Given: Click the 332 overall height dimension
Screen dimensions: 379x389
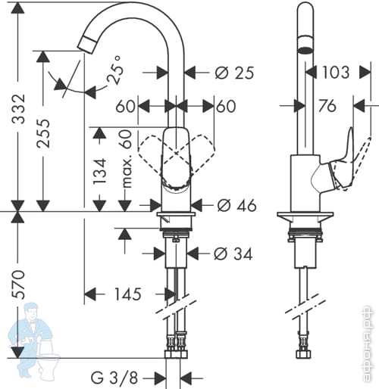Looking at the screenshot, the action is pos(19,109).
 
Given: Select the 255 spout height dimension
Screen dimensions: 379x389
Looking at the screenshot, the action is pos(43,133).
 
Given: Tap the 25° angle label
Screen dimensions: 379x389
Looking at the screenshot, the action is pos(115,70).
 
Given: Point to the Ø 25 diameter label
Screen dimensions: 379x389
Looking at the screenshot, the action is pos(234,73).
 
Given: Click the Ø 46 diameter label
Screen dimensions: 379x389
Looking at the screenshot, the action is pos(236,205).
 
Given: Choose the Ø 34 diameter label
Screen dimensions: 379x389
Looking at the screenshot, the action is pos(233,254).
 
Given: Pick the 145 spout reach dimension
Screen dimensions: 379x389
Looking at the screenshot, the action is pos(128,294).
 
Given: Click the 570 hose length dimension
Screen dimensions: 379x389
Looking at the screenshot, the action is pos(19,285).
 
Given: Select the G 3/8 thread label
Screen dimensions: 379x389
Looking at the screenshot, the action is pos(114,378).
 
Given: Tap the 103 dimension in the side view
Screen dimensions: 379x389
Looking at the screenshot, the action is pos(336,73).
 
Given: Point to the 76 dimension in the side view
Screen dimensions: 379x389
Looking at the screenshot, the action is pos(327,105).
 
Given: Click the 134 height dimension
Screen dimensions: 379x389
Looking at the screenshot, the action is pos(100,171).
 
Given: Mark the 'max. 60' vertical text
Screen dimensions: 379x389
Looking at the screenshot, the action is pos(126,159).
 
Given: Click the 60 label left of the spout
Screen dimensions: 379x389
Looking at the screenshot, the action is pos(125,106).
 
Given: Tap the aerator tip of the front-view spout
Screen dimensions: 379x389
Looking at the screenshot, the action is pos(84,45).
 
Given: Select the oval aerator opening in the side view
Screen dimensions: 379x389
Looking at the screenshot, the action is pos(305,50).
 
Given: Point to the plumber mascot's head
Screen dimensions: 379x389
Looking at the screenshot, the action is pos(33,312).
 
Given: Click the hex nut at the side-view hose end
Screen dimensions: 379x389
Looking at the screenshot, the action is pos(303,354).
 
